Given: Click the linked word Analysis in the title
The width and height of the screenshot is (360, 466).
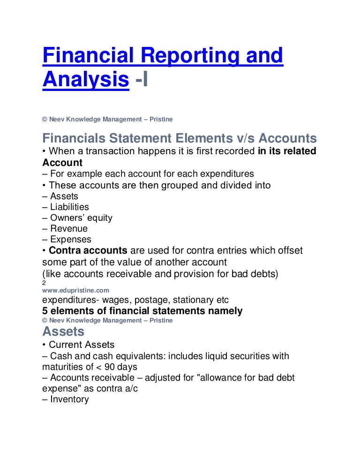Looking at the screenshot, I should (x=85, y=80).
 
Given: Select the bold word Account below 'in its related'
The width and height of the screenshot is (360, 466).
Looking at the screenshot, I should (x=62, y=163).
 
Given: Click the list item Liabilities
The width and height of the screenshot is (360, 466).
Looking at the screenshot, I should (x=69, y=207).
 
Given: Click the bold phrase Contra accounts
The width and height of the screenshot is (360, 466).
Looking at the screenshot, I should (x=88, y=251).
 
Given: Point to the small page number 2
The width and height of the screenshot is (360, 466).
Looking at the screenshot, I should (x=44, y=283).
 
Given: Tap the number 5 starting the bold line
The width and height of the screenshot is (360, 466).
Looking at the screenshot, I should (x=45, y=311).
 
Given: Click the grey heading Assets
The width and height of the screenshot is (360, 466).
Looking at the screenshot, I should (x=63, y=331).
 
